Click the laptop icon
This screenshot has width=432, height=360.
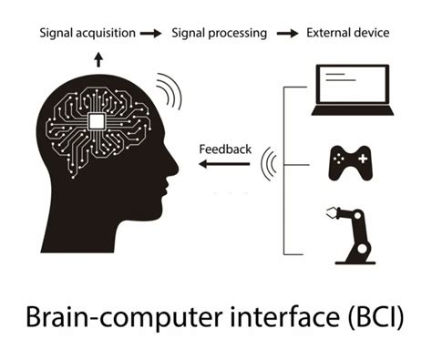click(x=351, y=90)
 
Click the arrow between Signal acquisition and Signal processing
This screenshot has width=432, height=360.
click(x=153, y=34)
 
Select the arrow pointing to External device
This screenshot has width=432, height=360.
click(x=287, y=34)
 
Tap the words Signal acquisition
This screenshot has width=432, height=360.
click(x=87, y=34)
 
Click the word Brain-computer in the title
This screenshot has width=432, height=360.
click(x=111, y=319)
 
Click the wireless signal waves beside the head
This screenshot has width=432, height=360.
click(x=167, y=89)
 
